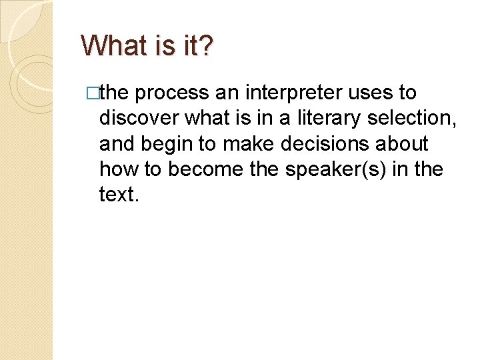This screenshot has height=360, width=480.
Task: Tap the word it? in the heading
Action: pyautogui.click(x=196, y=45)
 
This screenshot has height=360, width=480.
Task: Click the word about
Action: pyautogui.click(x=404, y=143)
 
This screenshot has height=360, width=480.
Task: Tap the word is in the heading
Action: pyautogui.click(x=164, y=45)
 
